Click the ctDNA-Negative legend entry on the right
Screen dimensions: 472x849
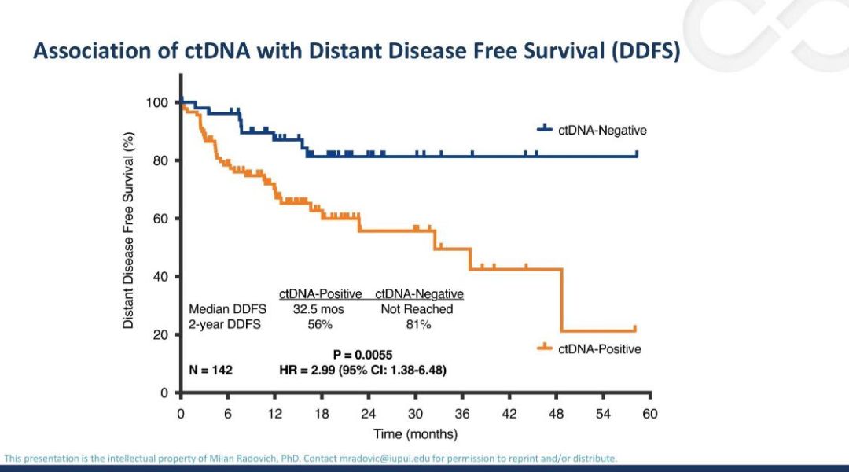(601, 131)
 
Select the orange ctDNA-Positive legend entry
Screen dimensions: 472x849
(599, 348)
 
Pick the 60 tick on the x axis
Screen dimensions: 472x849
(650, 414)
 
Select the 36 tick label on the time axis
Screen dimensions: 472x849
(462, 414)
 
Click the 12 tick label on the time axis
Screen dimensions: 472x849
(274, 414)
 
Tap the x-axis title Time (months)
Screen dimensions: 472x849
(415, 433)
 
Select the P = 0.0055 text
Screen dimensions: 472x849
(362, 354)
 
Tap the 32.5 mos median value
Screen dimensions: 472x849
(319, 309)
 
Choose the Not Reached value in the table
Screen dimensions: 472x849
(417, 309)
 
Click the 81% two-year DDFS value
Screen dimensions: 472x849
(417, 324)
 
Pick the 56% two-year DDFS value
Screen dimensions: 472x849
(319, 324)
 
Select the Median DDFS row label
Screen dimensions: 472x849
(227, 309)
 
